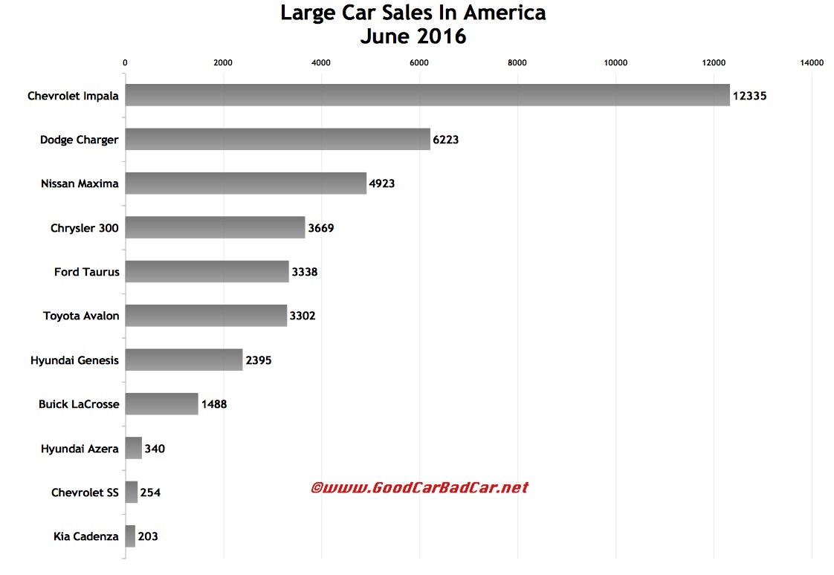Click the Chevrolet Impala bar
[x=427, y=95]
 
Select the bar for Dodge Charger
[x=277, y=139]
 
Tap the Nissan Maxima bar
[x=245, y=183]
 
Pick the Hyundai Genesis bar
[x=184, y=360]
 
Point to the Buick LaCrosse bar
[x=161, y=403]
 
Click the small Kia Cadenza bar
[x=130, y=536]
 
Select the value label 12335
[x=749, y=96]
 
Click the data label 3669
[x=321, y=228]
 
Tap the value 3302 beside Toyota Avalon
[x=303, y=316]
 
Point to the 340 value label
[x=155, y=448]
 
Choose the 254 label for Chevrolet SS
[x=150, y=492]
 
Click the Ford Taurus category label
[x=86, y=272]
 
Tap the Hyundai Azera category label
[x=80, y=448]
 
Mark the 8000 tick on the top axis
[x=517, y=63]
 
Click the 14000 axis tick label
[x=812, y=63]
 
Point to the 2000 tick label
[x=223, y=63]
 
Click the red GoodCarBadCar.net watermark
[x=419, y=487]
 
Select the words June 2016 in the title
[x=413, y=36]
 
